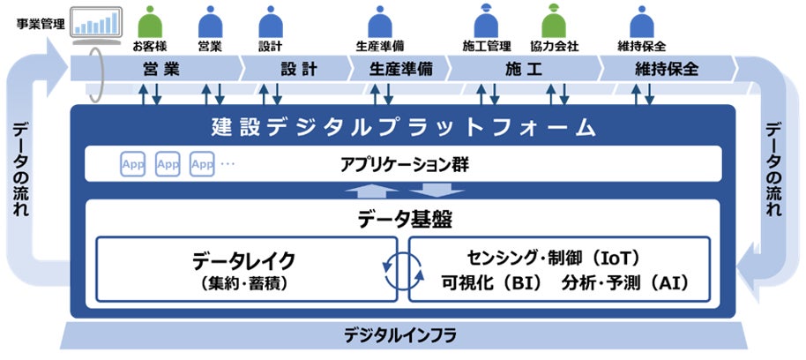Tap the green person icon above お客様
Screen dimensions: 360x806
tap(150, 21)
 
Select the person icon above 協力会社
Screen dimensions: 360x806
tap(553, 21)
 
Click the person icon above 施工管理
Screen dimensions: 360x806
tap(487, 21)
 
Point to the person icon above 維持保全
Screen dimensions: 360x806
tap(641, 21)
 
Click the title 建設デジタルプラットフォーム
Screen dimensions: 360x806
tap(404, 127)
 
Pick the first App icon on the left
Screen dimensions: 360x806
tap(132, 164)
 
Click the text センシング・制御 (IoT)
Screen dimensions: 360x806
tap(554, 258)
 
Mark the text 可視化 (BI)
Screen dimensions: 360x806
tap(491, 284)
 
